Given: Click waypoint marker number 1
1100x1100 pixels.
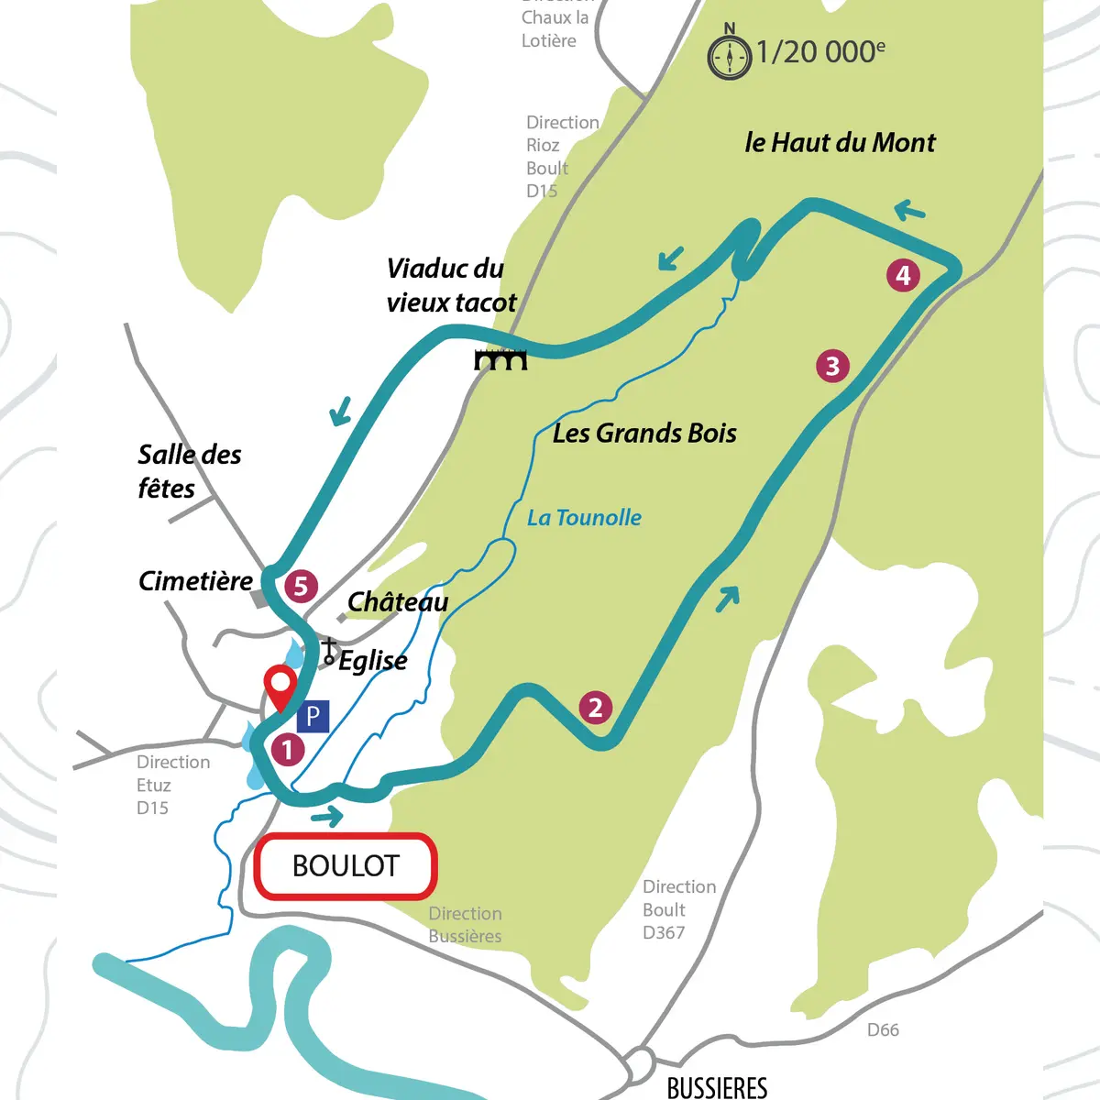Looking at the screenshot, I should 287,749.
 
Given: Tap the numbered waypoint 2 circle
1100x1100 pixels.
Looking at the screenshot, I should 596,708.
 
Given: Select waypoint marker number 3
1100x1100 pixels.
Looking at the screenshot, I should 832,367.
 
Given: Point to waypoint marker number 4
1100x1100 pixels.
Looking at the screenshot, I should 903,275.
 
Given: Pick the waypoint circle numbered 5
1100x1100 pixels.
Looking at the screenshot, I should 301,587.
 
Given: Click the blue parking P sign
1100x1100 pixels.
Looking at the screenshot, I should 313,716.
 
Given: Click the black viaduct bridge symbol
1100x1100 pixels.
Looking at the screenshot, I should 500,359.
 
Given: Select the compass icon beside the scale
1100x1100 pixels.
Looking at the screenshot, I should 730,55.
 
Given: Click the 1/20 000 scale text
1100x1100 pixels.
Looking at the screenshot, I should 820,52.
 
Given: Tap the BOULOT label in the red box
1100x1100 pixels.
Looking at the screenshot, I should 346,866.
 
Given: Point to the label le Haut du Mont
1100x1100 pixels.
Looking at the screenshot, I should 840,143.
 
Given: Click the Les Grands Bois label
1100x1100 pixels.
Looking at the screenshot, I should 644,434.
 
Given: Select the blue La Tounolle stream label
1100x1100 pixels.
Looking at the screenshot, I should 584,518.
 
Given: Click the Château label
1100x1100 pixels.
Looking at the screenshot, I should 398,602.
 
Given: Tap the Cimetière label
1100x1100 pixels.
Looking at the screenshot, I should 195,581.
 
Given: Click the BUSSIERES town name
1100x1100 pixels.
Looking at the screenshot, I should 717,1087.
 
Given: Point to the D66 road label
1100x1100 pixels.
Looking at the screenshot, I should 883,1030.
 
